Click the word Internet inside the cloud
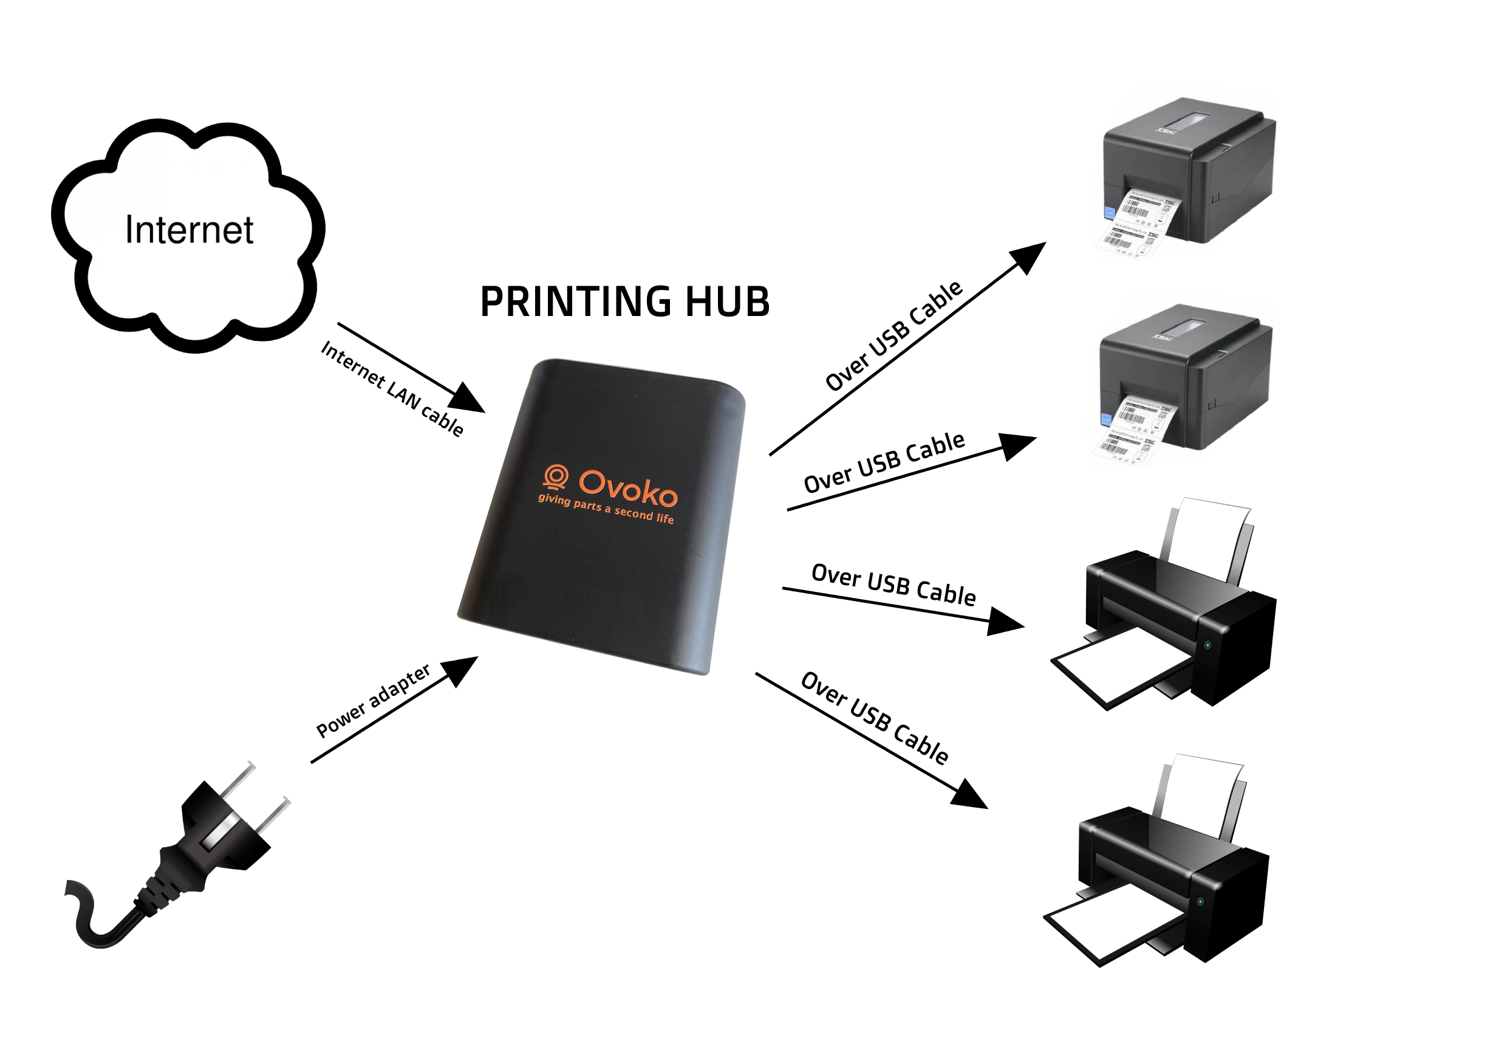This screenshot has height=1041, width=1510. click(189, 230)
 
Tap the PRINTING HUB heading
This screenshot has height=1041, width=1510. click(624, 302)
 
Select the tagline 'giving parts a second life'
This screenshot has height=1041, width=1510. click(606, 509)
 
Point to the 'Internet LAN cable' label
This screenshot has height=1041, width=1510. click(392, 389)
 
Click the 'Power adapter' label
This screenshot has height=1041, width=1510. click(373, 701)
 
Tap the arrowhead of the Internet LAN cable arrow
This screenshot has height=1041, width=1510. click(469, 397)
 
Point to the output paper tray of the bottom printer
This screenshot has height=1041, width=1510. click(1109, 926)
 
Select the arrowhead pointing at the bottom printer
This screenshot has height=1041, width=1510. click(970, 794)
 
